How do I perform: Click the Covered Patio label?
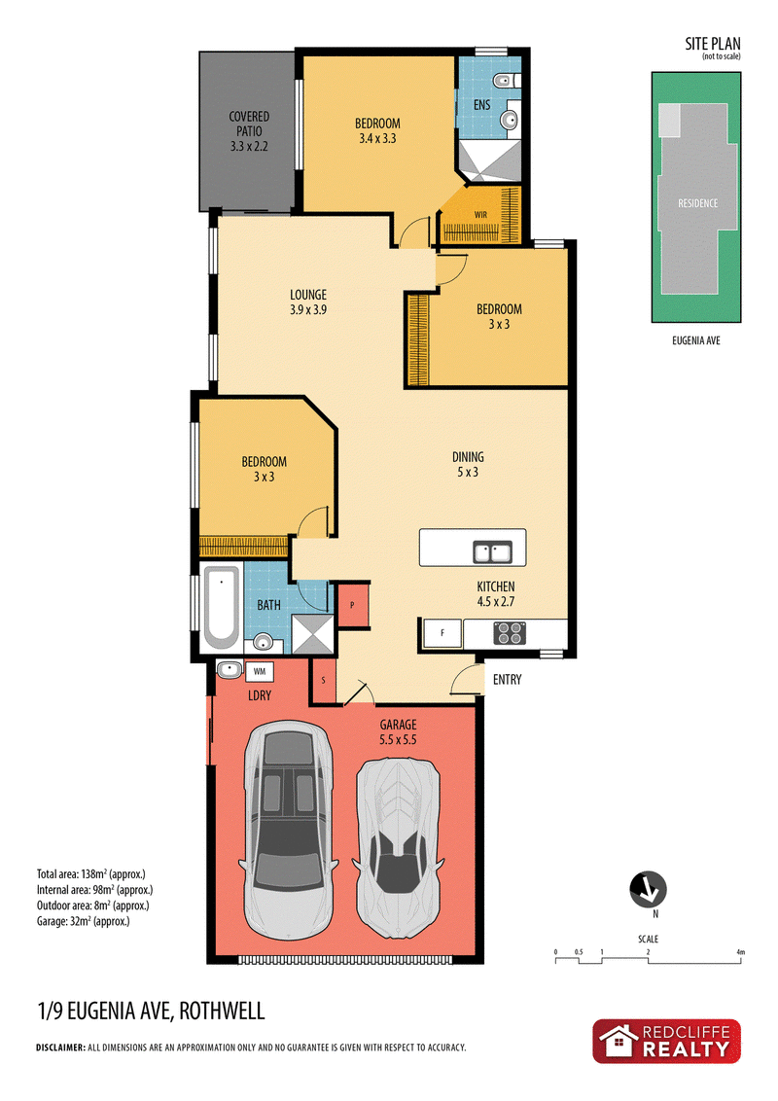tap(249, 131)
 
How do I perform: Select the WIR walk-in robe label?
tap(480, 215)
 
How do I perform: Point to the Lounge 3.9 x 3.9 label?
tap(308, 302)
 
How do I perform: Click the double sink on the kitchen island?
tap(491, 551)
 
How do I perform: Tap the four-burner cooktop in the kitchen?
tap(510, 633)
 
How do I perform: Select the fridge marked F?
tap(442, 633)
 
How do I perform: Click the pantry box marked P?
tap(352, 605)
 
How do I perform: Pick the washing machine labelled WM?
tap(259, 672)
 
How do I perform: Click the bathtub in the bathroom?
tap(221, 608)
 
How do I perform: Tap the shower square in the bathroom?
tap(313, 634)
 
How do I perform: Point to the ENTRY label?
tap(507, 680)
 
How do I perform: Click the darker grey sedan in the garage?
tap(288, 831)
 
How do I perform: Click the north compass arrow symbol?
tap(648, 889)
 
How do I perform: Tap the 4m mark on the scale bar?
tap(741, 953)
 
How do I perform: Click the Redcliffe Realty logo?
tap(666, 1042)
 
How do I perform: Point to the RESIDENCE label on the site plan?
tap(698, 203)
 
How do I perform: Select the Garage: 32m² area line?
tap(84, 921)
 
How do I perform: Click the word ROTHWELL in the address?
tap(222, 1012)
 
